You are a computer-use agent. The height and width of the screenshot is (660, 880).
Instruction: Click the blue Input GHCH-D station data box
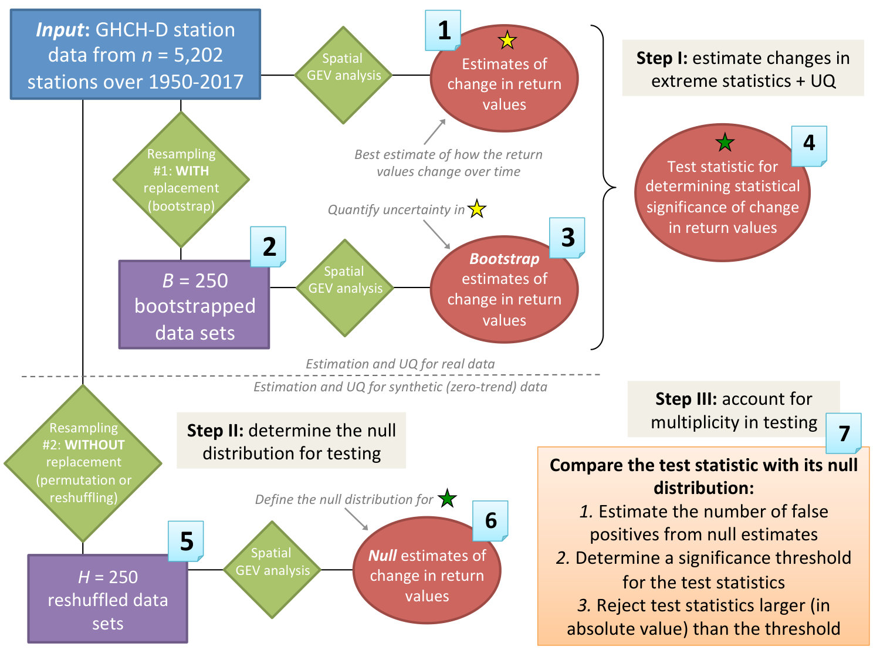pos(136,55)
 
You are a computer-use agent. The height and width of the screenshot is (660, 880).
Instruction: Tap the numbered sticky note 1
pos(443,31)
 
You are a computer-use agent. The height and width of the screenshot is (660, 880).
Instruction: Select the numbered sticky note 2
pos(268,246)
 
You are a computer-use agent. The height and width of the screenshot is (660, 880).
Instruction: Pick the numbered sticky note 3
pos(567,238)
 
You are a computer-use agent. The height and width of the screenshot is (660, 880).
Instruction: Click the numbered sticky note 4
pos(809,146)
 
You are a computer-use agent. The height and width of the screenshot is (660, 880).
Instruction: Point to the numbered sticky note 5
pos(186,541)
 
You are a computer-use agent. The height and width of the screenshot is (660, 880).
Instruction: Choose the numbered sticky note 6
pos(490,521)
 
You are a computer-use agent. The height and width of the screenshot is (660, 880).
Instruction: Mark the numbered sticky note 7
pos(844,433)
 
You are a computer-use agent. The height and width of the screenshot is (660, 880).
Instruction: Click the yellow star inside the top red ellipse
pos(507,40)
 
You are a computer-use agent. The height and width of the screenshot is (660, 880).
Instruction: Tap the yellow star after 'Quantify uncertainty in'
pos(477,209)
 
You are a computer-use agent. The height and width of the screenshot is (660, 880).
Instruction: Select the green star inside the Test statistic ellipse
pos(725,142)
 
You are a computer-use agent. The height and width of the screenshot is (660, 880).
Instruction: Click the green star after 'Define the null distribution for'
pos(447,498)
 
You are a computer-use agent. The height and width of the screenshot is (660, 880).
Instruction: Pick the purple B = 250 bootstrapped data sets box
pos(194,304)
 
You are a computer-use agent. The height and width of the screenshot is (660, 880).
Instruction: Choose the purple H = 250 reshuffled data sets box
pos(108,598)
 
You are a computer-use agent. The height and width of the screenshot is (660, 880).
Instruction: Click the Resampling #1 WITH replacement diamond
pos(181,180)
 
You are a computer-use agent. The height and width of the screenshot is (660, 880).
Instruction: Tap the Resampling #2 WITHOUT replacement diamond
pos(83,463)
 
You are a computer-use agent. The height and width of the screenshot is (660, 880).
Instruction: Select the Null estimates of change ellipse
pos(427,570)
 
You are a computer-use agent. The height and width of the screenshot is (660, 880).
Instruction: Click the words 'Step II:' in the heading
pos(215,431)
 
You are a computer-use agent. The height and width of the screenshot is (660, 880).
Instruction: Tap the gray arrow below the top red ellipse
pos(435,132)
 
